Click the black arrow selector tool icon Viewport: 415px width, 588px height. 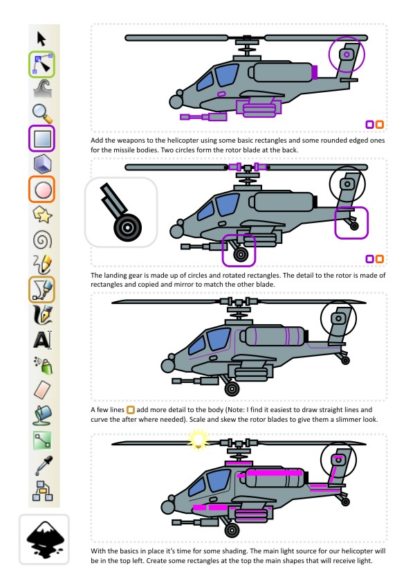coord(41,39)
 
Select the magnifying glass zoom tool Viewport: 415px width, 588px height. coord(42,114)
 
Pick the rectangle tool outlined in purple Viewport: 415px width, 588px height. coord(42,139)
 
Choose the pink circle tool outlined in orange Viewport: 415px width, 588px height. coord(42,189)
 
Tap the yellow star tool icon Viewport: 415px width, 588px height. coord(42,215)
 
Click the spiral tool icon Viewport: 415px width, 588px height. coord(42,240)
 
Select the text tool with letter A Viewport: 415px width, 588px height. coord(42,340)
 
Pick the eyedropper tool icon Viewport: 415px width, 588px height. coord(44,465)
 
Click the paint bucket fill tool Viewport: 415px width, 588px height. coord(42,415)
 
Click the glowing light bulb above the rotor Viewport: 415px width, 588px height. coord(198,439)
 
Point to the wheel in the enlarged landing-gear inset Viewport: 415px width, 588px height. coord(127,227)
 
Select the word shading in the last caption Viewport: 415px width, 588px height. coord(234,551)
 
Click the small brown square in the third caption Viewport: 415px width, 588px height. coord(130,410)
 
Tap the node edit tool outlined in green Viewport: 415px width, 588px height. coord(42,64)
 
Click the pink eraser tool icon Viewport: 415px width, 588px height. coord(42,390)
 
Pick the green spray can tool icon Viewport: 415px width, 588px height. coord(44,365)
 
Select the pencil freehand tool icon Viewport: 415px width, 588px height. coord(42,265)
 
